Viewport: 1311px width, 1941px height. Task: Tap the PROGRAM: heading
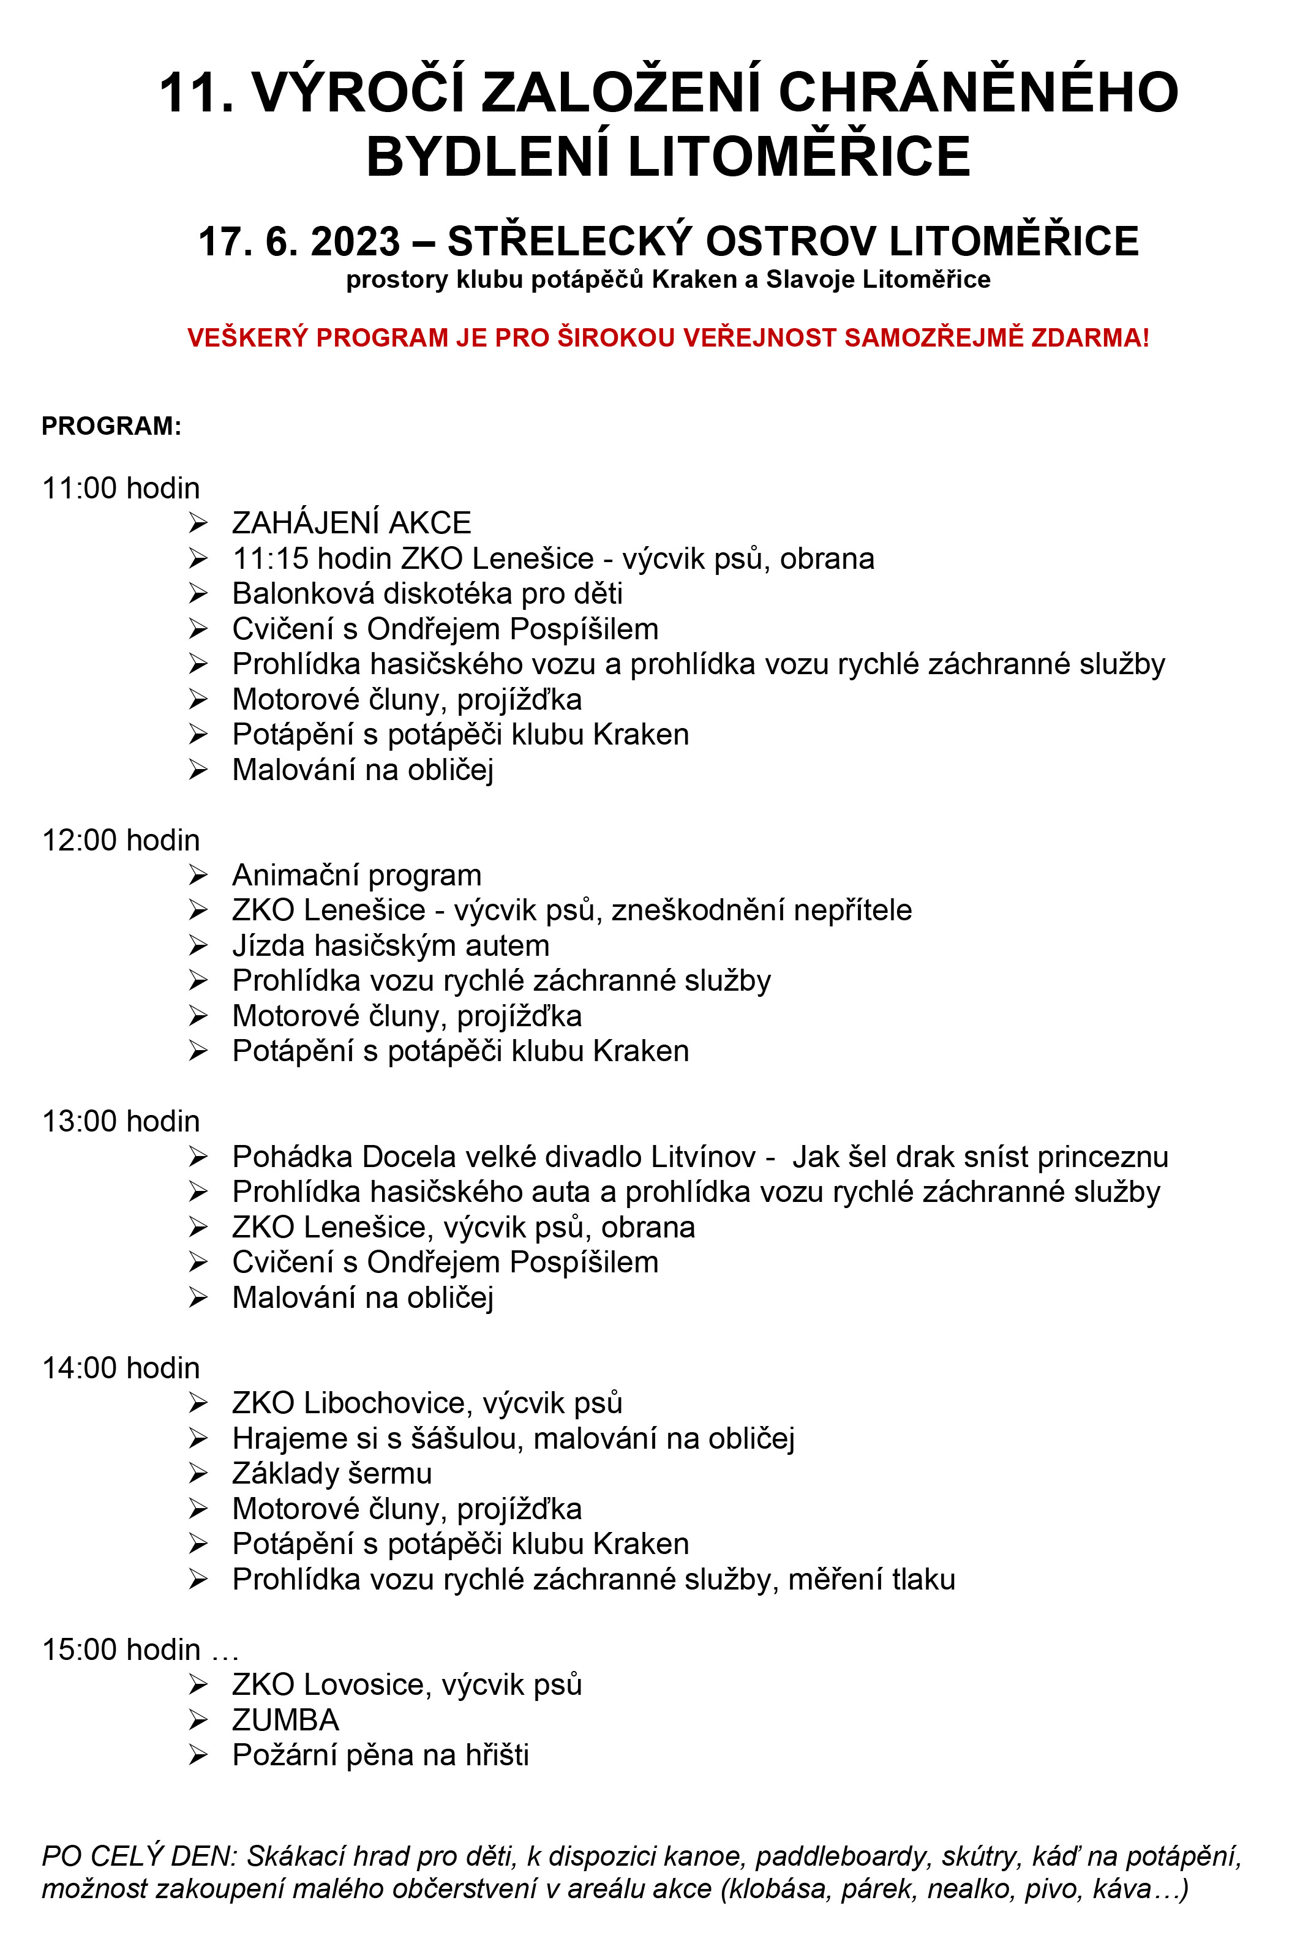(x=111, y=426)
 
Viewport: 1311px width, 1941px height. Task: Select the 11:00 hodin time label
(x=121, y=488)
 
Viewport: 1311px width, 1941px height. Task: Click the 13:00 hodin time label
(x=121, y=1121)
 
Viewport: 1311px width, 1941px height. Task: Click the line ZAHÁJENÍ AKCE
(x=351, y=523)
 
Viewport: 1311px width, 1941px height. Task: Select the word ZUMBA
(x=285, y=1720)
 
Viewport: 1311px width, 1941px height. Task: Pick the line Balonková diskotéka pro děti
(x=427, y=593)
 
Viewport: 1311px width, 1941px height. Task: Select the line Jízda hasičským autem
(x=390, y=945)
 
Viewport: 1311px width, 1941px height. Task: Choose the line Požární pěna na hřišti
(x=380, y=1755)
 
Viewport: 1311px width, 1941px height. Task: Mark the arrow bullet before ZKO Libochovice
(x=198, y=1403)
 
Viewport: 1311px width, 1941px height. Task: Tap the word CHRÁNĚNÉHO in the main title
(x=978, y=92)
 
